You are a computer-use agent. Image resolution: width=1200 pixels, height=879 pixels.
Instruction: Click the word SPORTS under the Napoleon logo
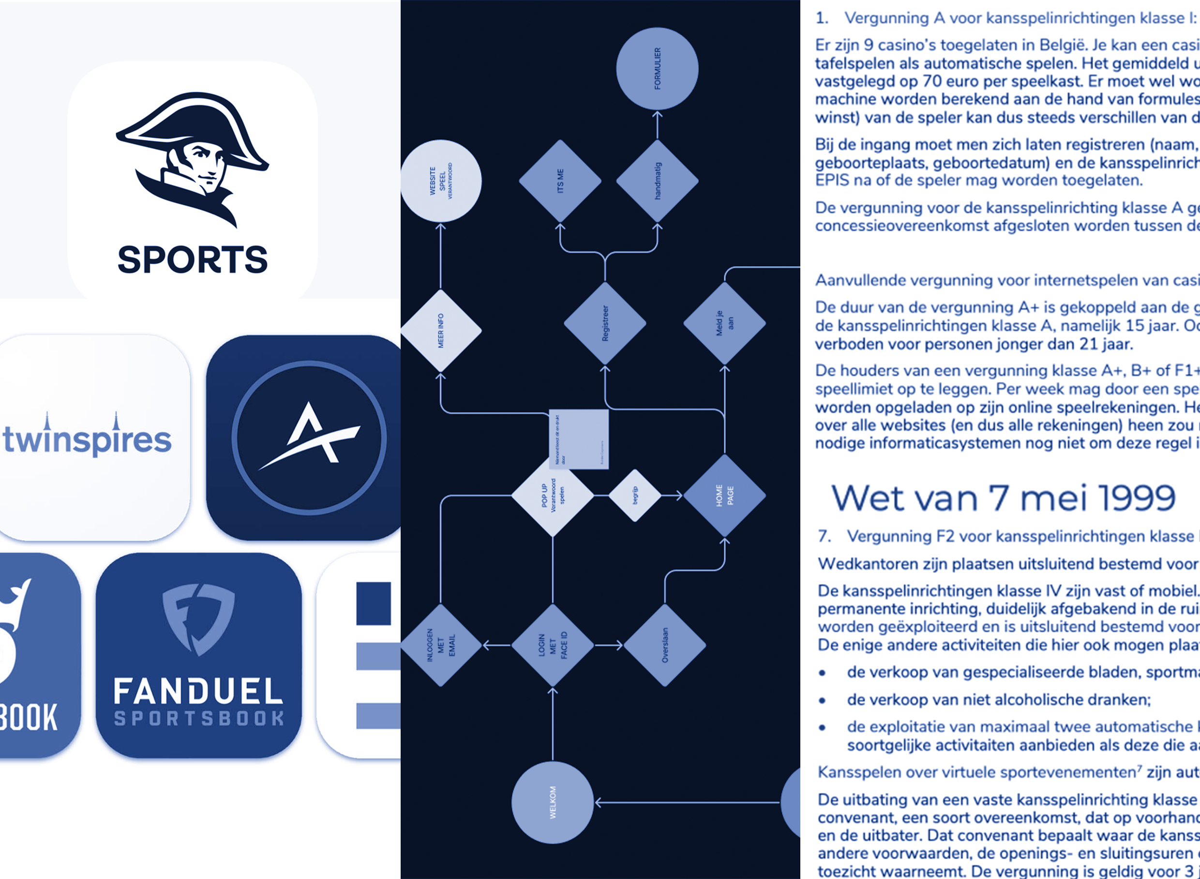(193, 259)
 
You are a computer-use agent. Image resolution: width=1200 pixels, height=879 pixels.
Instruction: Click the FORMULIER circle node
(658, 69)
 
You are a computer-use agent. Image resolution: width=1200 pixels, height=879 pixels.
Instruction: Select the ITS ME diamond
(560, 181)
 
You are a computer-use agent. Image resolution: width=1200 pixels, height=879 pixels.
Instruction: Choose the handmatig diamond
(658, 181)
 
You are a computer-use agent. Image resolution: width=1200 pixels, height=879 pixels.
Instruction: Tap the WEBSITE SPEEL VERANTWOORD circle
(441, 181)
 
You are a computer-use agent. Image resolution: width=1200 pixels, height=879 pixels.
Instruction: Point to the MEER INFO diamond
(441, 331)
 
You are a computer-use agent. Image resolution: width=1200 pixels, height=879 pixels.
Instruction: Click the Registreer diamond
(605, 323)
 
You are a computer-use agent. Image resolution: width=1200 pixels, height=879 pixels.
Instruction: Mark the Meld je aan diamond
(724, 323)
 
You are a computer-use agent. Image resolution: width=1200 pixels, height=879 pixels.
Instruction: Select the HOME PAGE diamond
(724, 495)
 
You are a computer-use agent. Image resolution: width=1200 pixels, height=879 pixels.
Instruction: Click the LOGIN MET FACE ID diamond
(553, 645)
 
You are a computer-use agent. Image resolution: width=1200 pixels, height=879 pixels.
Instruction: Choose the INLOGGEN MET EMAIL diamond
(441, 645)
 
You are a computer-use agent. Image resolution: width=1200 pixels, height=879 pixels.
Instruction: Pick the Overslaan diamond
(665, 645)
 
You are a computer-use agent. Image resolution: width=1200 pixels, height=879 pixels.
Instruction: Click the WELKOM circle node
(553, 803)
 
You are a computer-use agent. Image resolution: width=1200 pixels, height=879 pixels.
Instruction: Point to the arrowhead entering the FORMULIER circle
(658, 114)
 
